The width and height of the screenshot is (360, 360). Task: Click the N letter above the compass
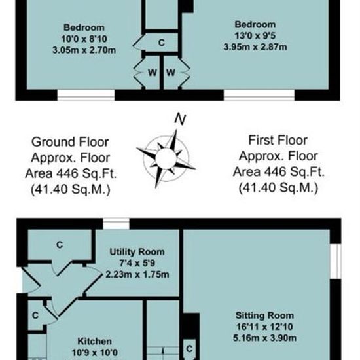(x=180, y=119)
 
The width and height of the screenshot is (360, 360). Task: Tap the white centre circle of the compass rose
(x=166, y=158)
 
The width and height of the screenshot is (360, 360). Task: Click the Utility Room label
(x=137, y=252)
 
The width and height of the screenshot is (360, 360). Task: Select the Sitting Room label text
(x=264, y=315)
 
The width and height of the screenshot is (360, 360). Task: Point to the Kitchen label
(x=95, y=341)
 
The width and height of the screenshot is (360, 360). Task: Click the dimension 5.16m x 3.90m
(x=264, y=338)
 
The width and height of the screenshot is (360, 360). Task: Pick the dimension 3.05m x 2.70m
(x=84, y=50)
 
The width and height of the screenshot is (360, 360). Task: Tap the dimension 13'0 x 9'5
(x=255, y=36)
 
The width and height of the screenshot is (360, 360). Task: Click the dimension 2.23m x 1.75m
(x=137, y=274)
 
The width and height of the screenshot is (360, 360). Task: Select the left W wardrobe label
(x=153, y=73)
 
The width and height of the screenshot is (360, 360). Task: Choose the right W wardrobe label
(x=171, y=73)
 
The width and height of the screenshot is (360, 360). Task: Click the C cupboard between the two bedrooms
(x=162, y=43)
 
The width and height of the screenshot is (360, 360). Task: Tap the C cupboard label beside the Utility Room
(x=60, y=245)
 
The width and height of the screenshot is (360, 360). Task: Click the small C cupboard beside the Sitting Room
(x=189, y=349)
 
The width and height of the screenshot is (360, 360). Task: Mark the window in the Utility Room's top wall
(x=116, y=224)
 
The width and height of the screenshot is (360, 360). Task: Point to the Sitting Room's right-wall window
(x=335, y=261)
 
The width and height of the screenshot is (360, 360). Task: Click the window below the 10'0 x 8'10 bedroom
(x=86, y=95)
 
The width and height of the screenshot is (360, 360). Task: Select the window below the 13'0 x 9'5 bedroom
(x=259, y=95)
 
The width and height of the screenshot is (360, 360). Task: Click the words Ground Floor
(x=70, y=142)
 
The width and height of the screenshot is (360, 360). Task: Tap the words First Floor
(x=278, y=140)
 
